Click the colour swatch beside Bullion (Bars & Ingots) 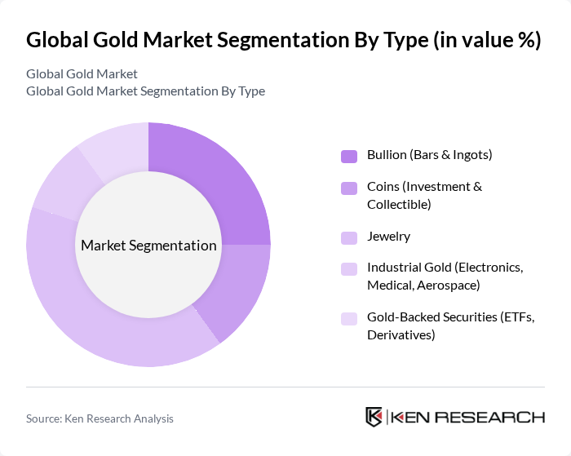tap(349, 156)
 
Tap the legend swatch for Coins tap(349, 188)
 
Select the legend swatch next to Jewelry tap(349, 237)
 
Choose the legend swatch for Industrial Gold tap(349, 269)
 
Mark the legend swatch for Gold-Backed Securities tap(349, 319)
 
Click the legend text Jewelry tap(388, 237)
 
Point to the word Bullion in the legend tap(387, 154)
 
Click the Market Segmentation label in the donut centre tap(148, 246)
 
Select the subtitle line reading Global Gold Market tap(82, 73)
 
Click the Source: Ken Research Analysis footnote tap(100, 418)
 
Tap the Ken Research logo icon tap(374, 417)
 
